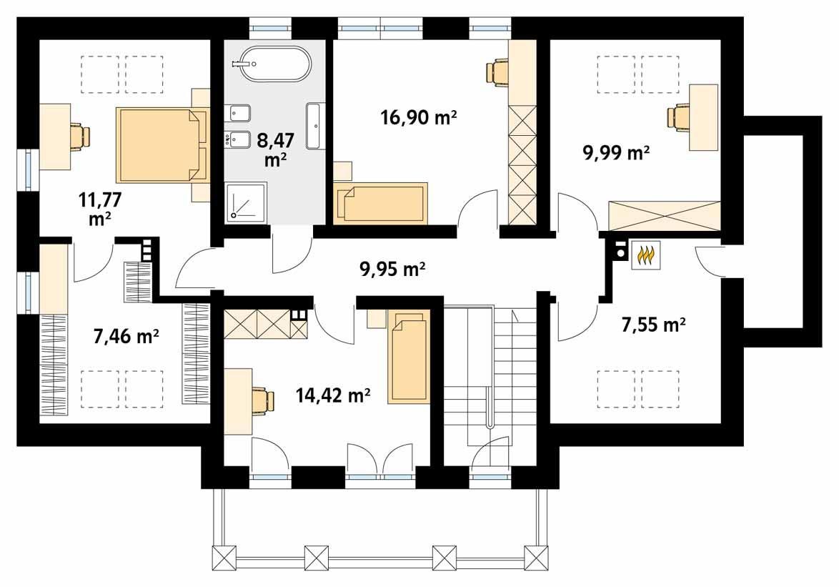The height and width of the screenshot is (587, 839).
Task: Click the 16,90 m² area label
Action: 417,119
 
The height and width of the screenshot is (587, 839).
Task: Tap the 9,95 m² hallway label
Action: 392,269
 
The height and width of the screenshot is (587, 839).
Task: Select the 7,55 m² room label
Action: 653,325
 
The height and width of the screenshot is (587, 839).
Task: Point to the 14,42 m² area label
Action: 332,395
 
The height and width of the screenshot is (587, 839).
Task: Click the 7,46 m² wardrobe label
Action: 126,335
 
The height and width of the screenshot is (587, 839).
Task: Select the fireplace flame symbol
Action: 646,255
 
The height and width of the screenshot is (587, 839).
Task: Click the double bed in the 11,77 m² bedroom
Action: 162,145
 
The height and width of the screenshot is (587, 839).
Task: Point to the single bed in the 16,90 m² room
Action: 379,202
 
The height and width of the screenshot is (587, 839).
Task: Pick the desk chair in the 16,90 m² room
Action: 497,71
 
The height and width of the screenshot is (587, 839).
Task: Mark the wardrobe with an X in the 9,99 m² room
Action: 663,214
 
